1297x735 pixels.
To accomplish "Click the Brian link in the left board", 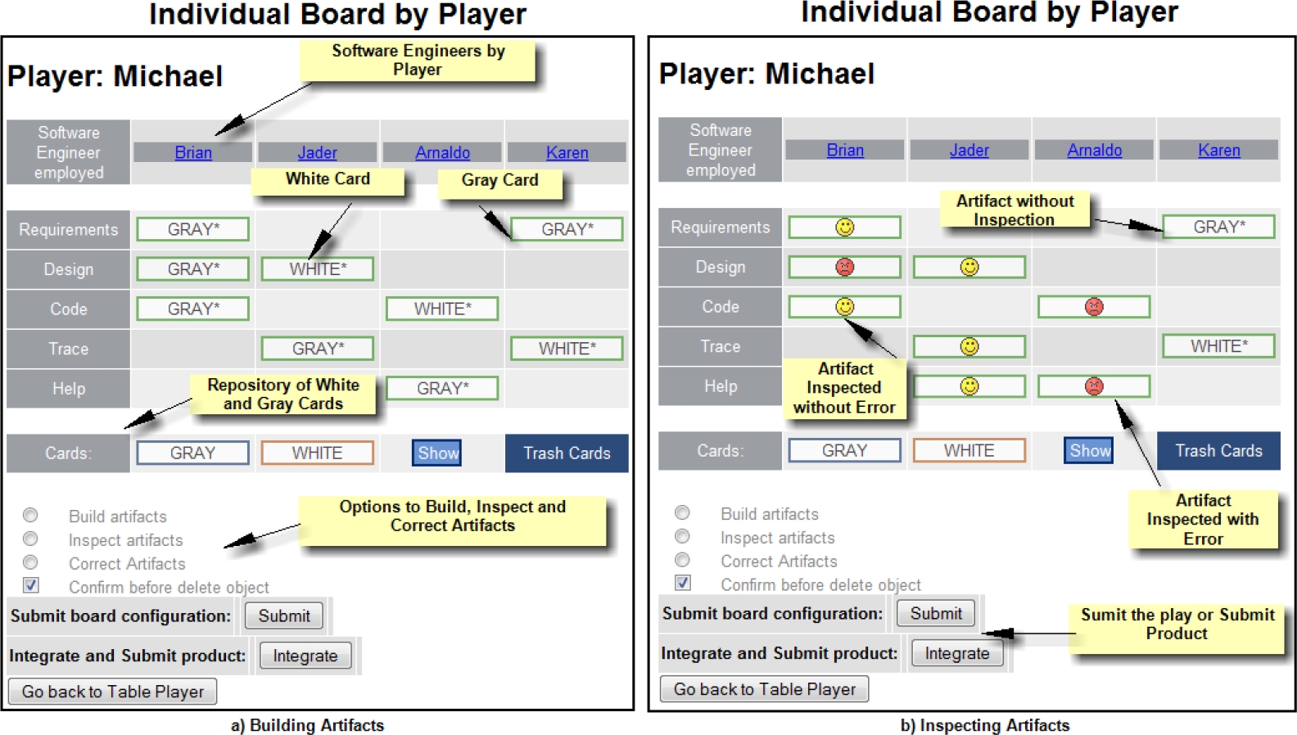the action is tap(193, 152).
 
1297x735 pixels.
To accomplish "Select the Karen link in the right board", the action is tap(1219, 150).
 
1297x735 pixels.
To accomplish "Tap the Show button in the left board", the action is tap(437, 453).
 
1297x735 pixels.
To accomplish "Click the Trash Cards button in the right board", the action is tap(1218, 450).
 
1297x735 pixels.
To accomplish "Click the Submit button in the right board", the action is tap(936, 613).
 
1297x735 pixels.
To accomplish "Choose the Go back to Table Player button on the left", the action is tap(113, 691).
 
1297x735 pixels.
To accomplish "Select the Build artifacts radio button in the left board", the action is tap(30, 515).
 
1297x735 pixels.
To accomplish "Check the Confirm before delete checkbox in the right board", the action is tap(683, 582).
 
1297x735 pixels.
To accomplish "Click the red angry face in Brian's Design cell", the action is tap(845, 267).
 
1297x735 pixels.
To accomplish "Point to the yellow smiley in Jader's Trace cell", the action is tap(969, 346).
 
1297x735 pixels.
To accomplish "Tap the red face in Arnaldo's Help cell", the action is tap(1094, 386).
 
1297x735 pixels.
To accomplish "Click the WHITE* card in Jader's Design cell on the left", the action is tap(318, 269).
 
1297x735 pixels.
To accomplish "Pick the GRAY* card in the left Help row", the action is tap(442, 388).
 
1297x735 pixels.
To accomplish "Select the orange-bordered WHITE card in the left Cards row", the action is tap(318, 453).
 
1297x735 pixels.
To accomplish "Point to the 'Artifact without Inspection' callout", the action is tap(1015, 210).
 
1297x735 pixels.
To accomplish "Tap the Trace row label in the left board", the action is tap(68, 349).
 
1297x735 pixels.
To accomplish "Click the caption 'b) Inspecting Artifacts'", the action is tap(985, 725).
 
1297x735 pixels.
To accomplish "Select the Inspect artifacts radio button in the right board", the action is tap(682, 536).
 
